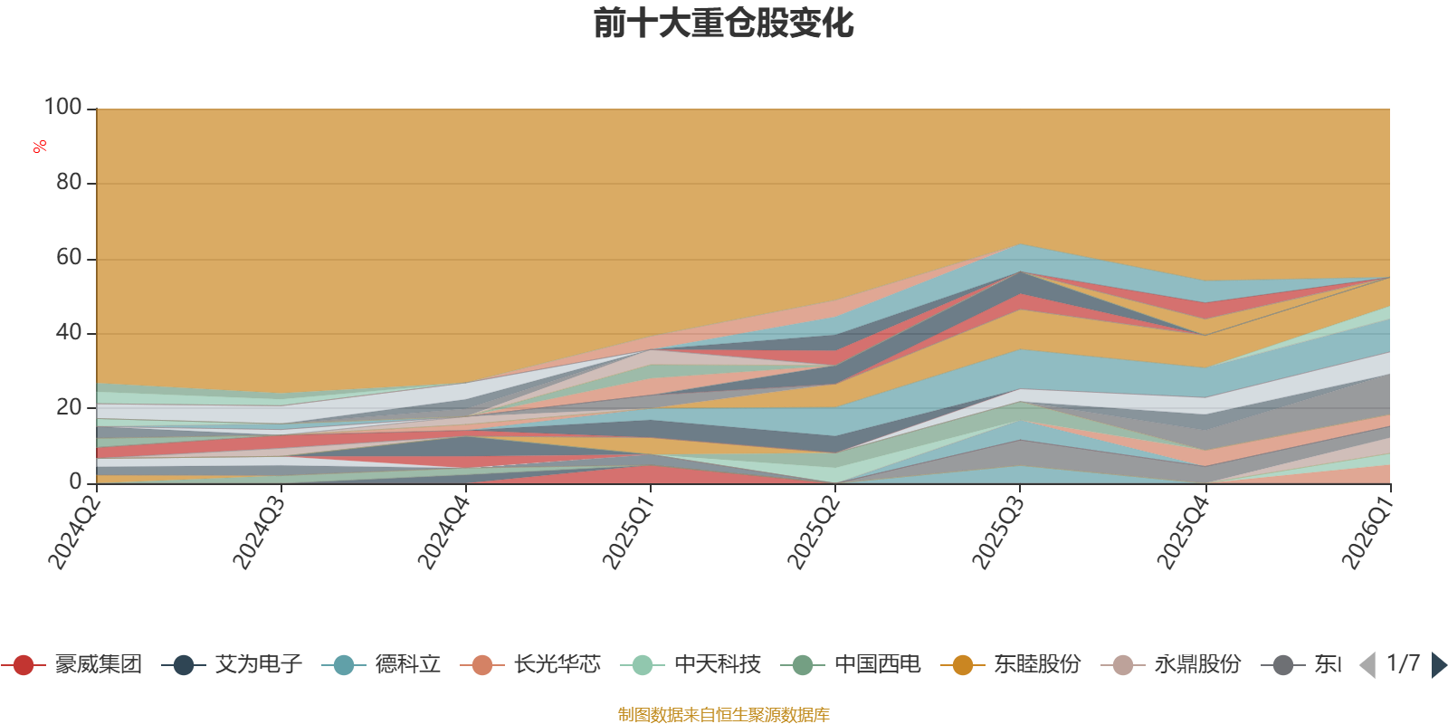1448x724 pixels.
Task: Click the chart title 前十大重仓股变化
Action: coord(723,24)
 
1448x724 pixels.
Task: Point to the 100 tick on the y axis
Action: coord(62,107)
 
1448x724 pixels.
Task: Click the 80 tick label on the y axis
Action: coord(69,182)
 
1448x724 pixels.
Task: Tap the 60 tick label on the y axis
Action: coord(69,257)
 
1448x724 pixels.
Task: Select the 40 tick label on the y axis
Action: coord(69,332)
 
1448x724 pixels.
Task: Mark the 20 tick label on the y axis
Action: coord(69,407)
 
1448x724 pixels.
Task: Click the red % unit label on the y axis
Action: coord(40,147)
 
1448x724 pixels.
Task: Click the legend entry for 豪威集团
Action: coord(71,664)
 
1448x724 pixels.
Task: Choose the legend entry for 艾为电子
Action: coord(232,664)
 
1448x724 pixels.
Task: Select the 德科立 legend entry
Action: coord(381,664)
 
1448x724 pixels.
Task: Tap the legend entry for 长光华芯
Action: coord(530,664)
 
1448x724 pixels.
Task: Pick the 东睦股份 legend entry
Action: coord(1011,664)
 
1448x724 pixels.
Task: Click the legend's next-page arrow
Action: coord(1439,665)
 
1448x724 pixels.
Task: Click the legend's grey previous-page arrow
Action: coord(1367,665)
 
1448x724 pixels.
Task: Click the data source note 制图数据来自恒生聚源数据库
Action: coord(723,714)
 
